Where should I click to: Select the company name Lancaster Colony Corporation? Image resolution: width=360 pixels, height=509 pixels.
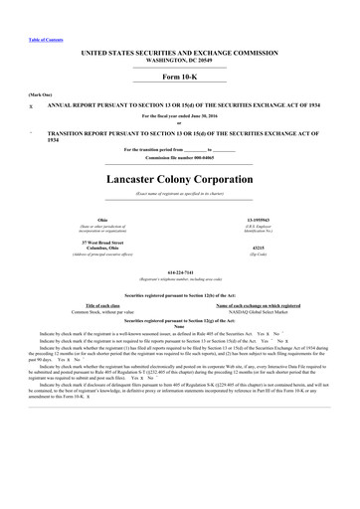coord(179,180)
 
